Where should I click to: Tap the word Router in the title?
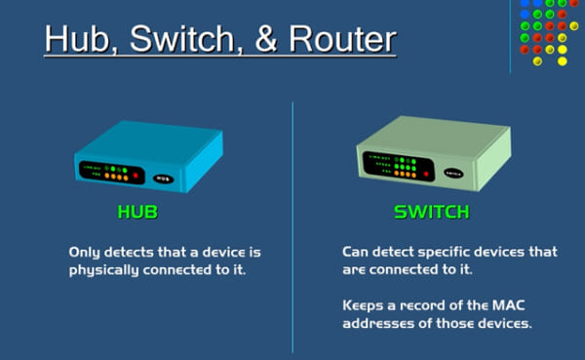[341, 41]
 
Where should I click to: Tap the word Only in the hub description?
[85, 252]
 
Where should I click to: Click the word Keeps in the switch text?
[365, 304]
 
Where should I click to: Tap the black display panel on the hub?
[105, 172]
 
